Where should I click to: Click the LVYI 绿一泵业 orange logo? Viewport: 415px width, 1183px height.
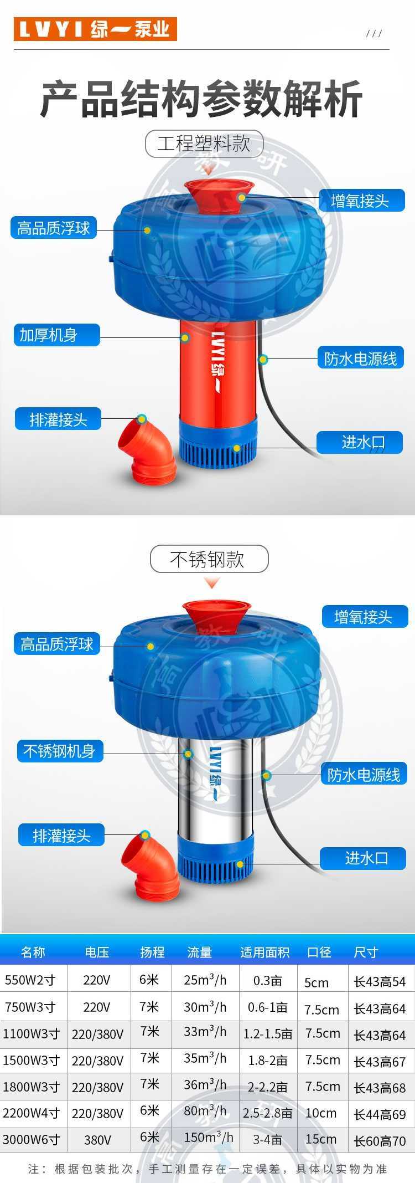(95, 28)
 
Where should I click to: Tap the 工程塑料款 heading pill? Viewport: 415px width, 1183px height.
(204, 144)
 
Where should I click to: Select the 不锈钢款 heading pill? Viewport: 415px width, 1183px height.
(209, 559)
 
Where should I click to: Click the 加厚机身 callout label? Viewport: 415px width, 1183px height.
(56, 335)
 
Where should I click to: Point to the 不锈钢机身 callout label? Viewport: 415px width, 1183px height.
(60, 751)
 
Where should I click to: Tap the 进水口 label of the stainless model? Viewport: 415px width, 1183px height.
(364, 858)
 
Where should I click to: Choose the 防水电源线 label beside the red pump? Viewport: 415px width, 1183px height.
(361, 359)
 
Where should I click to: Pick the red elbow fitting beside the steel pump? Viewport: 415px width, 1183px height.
(150, 867)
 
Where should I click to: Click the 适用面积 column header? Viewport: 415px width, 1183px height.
(264, 952)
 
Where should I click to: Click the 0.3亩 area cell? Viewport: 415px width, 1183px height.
(267, 981)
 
